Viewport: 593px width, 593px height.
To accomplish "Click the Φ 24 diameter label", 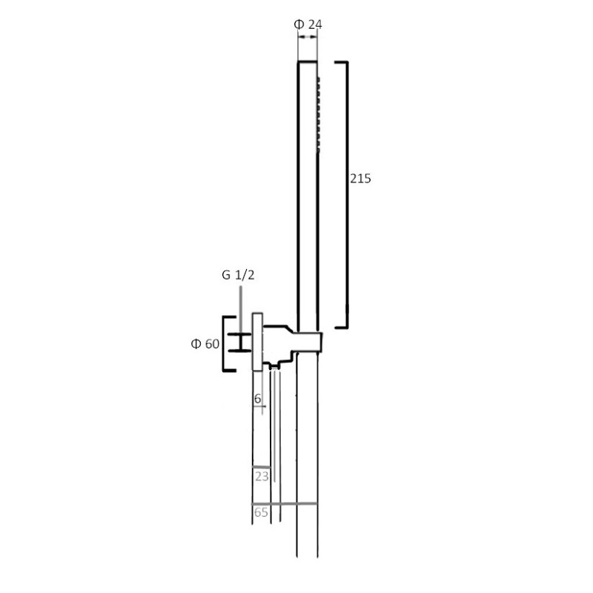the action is [x=308, y=24].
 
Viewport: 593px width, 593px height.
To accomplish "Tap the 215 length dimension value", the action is [x=360, y=179].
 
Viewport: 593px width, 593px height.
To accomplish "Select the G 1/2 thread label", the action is [x=238, y=275].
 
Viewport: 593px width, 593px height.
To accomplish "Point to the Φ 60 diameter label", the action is [x=205, y=344].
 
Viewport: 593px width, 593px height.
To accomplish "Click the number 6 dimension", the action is [x=257, y=398].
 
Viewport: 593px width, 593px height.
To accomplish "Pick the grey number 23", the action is [x=262, y=476].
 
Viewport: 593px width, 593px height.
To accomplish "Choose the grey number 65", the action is [x=261, y=512].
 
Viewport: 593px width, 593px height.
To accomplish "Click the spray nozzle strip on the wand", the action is [x=319, y=115].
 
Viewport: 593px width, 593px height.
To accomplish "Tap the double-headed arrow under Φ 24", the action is [x=308, y=36].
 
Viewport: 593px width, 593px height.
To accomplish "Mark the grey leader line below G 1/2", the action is [x=240, y=310].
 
